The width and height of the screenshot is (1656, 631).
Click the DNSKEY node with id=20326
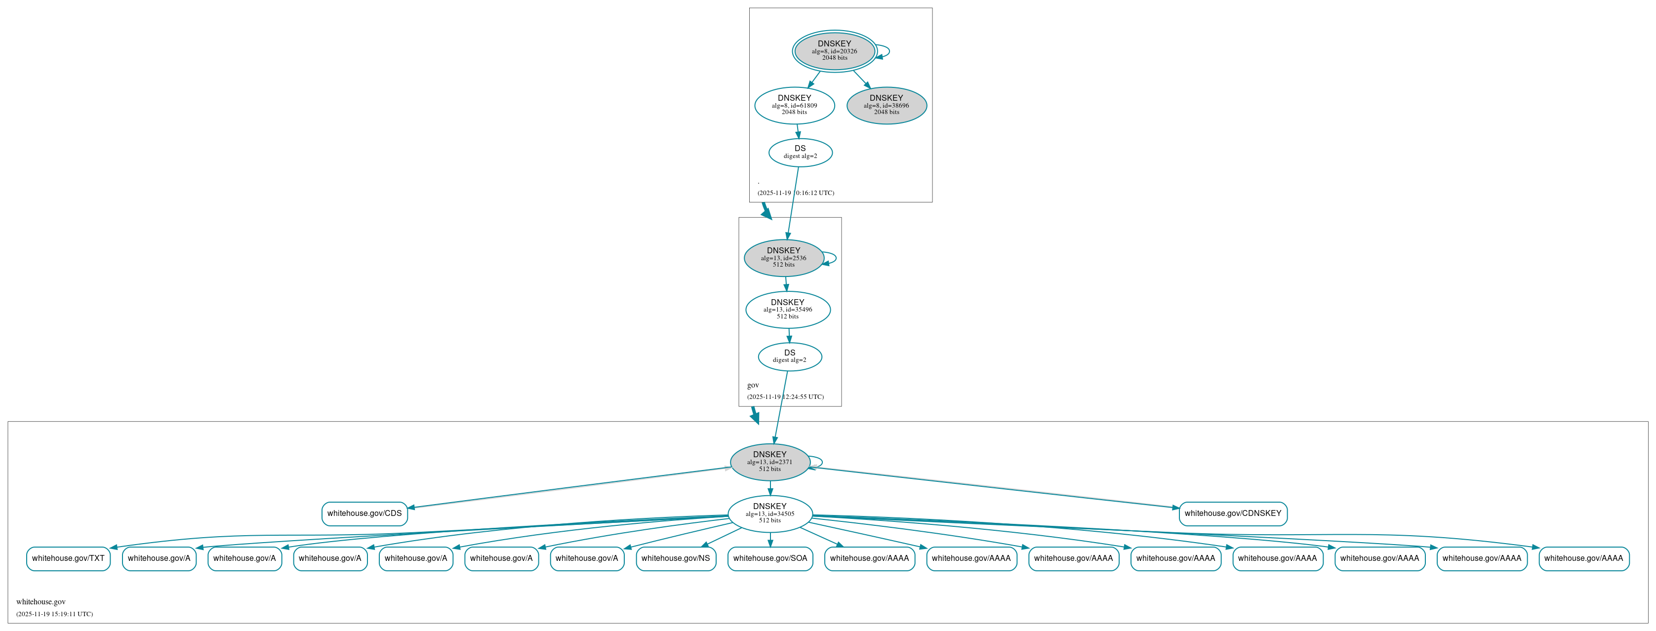(x=835, y=51)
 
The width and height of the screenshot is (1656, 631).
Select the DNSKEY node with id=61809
(x=795, y=105)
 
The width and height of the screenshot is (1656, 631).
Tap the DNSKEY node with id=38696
(x=887, y=105)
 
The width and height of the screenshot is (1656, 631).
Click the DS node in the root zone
(x=801, y=152)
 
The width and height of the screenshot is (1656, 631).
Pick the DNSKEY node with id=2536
(x=784, y=258)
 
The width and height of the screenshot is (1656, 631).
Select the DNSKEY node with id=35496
(x=787, y=309)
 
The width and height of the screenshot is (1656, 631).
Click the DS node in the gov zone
(x=789, y=356)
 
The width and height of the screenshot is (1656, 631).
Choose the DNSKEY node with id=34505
(x=769, y=513)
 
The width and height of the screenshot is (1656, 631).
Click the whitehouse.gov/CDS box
(x=364, y=513)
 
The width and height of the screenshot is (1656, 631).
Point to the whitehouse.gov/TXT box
(x=68, y=558)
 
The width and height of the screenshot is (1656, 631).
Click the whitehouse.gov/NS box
(x=676, y=558)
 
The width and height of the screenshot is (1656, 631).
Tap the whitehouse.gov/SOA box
(x=770, y=558)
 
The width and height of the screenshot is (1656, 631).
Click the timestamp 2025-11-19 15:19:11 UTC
(x=55, y=614)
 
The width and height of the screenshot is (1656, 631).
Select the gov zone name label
(x=753, y=386)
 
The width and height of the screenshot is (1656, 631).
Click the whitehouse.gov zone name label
(x=41, y=602)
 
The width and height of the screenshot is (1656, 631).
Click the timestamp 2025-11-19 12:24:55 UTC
(x=785, y=397)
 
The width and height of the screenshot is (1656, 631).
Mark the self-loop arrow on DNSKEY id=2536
(x=835, y=258)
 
